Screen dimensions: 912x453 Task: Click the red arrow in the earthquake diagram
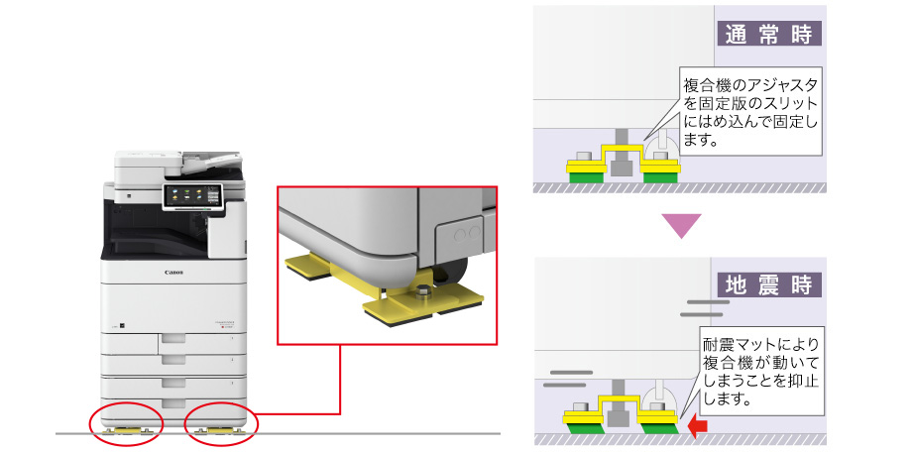coord(697,426)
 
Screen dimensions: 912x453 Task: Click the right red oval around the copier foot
coord(221,425)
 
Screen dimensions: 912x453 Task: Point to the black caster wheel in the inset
coord(455,271)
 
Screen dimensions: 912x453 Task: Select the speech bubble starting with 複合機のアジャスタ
coord(749,112)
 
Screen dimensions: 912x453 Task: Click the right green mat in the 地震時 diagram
coord(658,428)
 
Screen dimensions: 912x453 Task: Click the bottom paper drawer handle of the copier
coord(173,403)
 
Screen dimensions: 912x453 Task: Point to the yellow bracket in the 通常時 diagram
coord(623,160)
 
